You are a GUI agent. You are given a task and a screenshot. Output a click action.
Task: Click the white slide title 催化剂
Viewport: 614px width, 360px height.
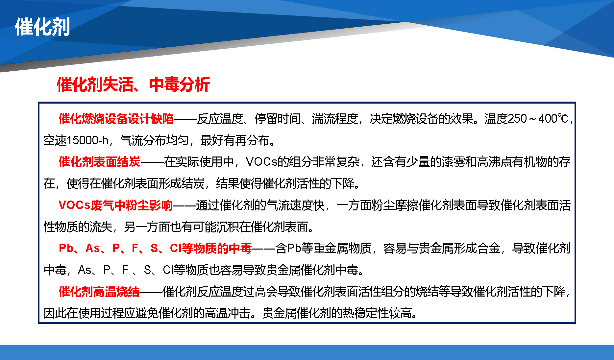coord(42,27)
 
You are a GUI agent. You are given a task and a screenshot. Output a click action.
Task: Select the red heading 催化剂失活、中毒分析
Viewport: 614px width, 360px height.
coord(133,84)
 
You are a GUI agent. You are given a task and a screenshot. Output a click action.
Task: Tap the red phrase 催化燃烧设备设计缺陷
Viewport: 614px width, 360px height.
coord(116,119)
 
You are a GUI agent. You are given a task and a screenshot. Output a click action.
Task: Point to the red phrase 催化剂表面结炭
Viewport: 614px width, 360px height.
coord(99,162)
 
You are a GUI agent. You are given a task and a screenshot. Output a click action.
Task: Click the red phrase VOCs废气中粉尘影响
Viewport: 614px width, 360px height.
coord(115,205)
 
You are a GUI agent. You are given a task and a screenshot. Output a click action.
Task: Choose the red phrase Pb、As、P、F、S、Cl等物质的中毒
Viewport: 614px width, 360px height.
coord(155,248)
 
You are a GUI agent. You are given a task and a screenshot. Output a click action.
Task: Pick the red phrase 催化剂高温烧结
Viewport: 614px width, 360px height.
coord(99,292)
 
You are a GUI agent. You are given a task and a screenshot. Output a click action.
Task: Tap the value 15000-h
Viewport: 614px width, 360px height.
coord(87,140)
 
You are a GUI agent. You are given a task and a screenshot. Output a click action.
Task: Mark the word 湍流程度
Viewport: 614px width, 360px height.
coord(335,119)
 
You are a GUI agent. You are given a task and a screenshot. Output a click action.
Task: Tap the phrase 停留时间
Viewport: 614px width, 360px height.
coord(278,119)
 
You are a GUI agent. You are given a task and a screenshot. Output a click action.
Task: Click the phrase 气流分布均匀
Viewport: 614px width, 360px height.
coord(155,140)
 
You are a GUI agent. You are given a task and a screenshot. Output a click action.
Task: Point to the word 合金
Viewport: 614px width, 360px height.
coord(489,248)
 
